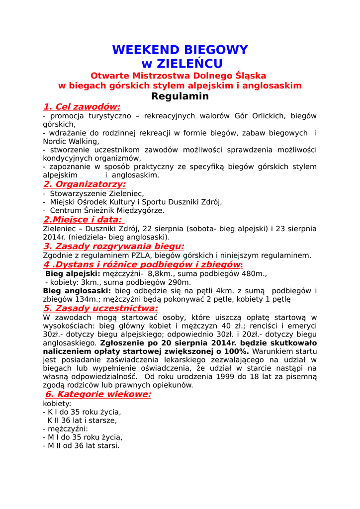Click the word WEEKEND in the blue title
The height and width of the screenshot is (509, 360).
(x=145, y=50)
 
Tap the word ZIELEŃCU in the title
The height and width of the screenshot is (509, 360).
(x=189, y=64)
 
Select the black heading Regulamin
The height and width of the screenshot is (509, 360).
(x=180, y=96)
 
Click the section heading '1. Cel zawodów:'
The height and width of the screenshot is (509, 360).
(x=82, y=107)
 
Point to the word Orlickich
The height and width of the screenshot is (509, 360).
(x=267, y=116)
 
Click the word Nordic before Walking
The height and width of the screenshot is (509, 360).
(x=55, y=141)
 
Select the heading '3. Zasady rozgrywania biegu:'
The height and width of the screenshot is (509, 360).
(x=114, y=246)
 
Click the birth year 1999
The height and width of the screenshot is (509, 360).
(x=213, y=377)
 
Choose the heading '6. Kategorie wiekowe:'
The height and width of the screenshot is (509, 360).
(x=98, y=394)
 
